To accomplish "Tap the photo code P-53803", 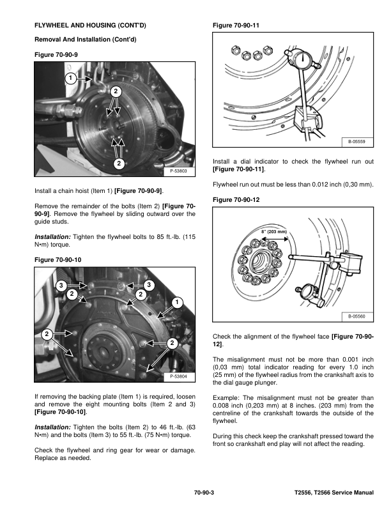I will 181,171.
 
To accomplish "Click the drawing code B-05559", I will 356,142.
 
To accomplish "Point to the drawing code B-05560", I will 356,317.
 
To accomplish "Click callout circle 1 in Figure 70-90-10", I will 177,301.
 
